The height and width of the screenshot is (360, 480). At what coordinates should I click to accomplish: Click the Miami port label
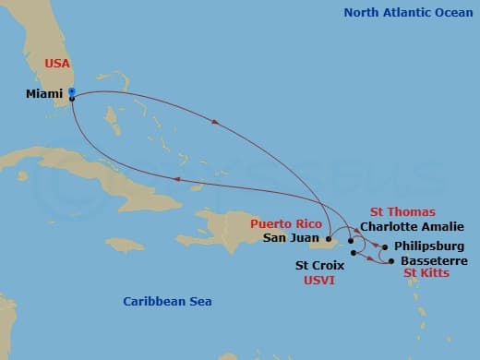coord(44,93)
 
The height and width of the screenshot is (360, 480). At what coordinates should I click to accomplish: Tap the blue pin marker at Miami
coord(71,92)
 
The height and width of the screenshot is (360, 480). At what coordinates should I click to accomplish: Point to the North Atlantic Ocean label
coord(405,13)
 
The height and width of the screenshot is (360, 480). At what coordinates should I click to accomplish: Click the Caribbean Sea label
coord(168,302)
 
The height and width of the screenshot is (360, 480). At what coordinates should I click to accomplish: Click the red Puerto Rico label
coord(287,223)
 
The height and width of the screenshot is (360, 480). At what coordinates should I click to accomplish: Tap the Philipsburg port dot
coord(385,247)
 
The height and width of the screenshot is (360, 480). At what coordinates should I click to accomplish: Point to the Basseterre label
coord(431,261)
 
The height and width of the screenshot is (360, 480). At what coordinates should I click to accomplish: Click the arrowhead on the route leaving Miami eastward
coord(215,123)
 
